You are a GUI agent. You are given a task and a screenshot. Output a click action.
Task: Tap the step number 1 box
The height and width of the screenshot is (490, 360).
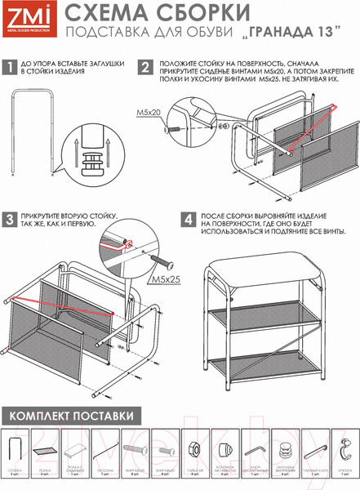coord(9,68)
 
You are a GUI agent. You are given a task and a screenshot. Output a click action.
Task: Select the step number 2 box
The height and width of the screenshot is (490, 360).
coord(144,68)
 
